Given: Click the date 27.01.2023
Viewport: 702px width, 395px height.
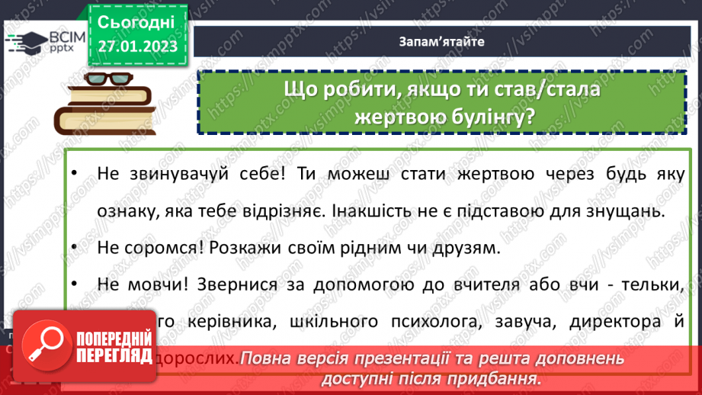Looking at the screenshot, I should pyautogui.click(x=137, y=47).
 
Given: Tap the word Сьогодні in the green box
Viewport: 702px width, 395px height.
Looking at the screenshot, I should pyautogui.click(x=137, y=21).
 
